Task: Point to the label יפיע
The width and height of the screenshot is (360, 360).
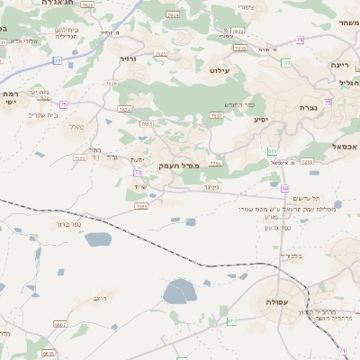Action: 261,119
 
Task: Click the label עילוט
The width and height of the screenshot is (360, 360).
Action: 220,69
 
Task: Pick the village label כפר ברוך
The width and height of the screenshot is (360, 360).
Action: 68,223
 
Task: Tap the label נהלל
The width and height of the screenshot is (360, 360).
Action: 76,127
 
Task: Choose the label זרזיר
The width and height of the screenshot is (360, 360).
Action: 126,58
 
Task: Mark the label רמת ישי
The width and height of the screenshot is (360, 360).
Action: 11,97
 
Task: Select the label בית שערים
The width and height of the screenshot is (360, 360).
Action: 42,114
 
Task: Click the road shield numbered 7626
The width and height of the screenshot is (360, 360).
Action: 112,84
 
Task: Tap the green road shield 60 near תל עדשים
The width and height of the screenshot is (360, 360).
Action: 284,188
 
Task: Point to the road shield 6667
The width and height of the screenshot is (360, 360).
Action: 60,324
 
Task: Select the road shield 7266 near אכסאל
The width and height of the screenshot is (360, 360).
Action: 307,162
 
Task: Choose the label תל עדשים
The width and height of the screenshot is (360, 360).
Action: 307,197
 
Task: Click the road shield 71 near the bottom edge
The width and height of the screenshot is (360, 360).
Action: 342,349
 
